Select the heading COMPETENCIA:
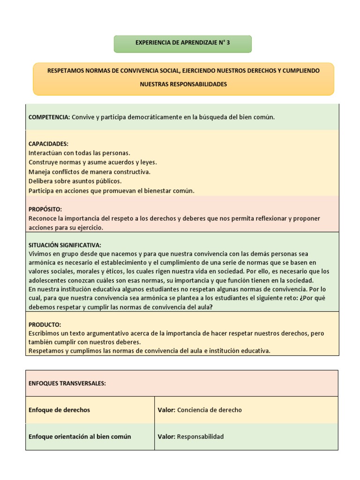click(x=49, y=117)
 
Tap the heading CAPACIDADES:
click(x=48, y=144)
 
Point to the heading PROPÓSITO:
click(x=45, y=209)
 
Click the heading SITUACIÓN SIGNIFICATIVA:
click(x=65, y=245)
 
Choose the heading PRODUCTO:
click(x=45, y=324)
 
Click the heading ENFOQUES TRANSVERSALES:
click(x=67, y=383)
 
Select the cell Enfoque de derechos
click(x=59, y=410)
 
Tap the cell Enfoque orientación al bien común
click(x=80, y=437)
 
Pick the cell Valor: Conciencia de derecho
click(x=200, y=410)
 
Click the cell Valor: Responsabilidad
click(x=191, y=437)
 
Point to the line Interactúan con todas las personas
click(x=79, y=153)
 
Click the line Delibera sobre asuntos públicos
click(x=75, y=181)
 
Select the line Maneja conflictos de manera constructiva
click(x=90, y=172)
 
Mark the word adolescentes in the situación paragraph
click(x=48, y=280)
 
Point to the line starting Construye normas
click(x=92, y=162)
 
